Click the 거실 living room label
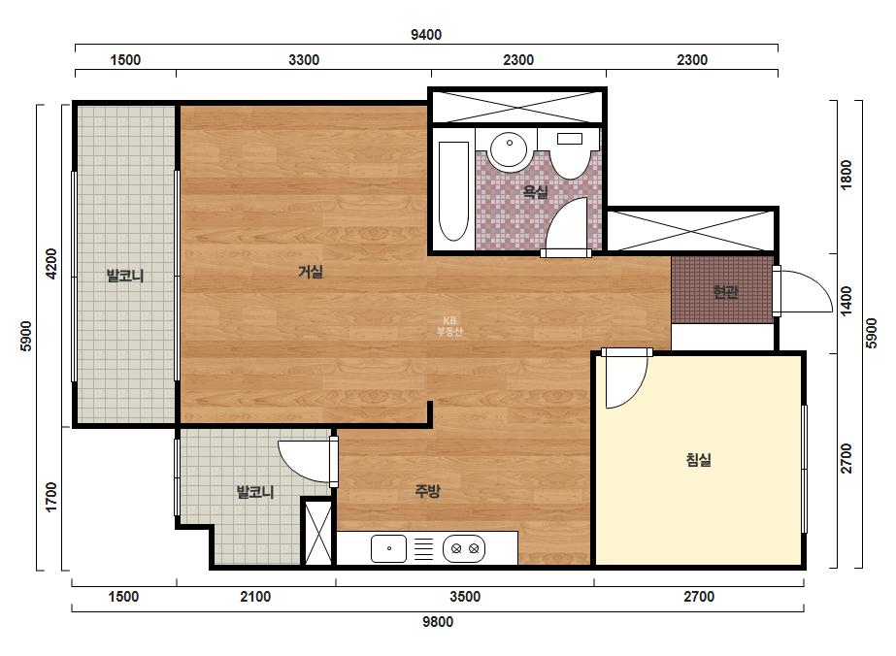(x=311, y=272)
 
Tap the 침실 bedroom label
(x=698, y=459)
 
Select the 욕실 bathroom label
(x=536, y=191)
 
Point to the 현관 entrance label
(x=725, y=292)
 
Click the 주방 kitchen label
(x=427, y=491)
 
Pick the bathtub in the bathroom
(x=453, y=191)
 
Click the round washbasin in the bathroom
(x=508, y=150)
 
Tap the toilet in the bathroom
(x=569, y=153)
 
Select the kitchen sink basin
(x=388, y=548)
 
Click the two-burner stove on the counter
(x=464, y=548)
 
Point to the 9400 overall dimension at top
(x=426, y=35)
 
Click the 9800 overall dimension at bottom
(x=438, y=622)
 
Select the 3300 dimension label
(x=304, y=60)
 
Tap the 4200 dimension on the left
(x=51, y=263)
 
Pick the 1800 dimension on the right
(x=846, y=175)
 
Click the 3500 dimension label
(x=465, y=597)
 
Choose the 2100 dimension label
(x=255, y=597)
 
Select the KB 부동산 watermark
(x=449, y=326)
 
